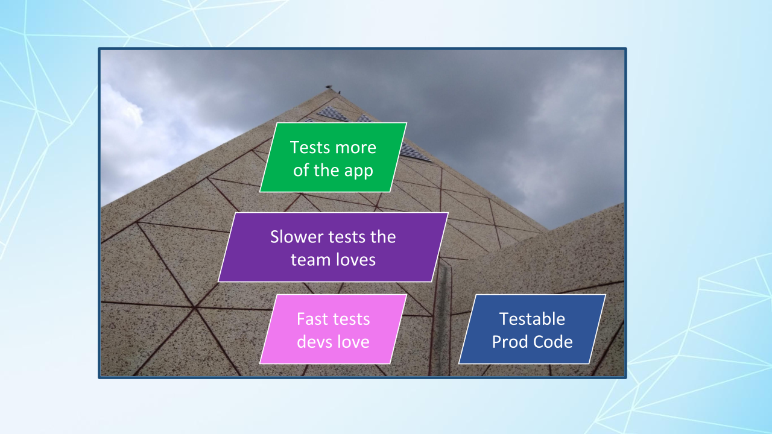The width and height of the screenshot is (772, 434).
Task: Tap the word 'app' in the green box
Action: point(359,171)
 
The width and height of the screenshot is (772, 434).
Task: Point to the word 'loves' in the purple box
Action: point(356,259)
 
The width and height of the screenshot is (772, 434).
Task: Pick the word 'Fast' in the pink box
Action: point(311,319)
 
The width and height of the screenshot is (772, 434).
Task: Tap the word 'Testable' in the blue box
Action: point(532,319)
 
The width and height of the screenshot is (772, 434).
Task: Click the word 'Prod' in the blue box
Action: point(510,342)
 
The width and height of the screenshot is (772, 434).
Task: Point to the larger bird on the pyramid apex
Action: point(329,86)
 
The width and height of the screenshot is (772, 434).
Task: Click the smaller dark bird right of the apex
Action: point(339,92)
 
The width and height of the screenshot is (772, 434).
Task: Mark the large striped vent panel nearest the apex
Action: point(334,114)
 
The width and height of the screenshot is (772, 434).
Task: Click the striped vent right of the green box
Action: point(416,153)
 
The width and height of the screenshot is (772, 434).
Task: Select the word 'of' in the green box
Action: point(301,171)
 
